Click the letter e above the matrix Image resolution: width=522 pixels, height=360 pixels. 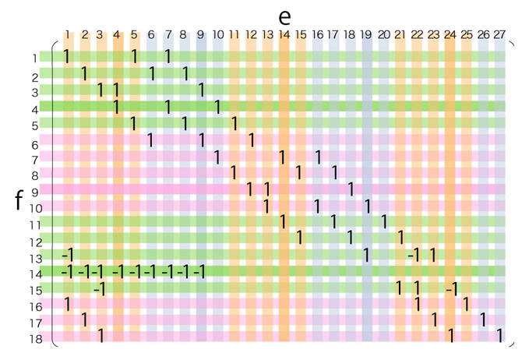(284, 16)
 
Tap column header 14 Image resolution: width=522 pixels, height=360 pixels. (284, 34)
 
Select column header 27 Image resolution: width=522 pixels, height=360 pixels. (499, 34)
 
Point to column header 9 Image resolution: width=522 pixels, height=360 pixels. (200, 34)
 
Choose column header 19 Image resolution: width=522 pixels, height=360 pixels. (366, 34)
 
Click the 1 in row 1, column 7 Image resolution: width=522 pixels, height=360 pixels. (168, 56)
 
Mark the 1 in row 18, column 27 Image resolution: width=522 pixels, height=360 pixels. (500, 336)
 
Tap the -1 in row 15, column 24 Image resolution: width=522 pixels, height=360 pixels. (451, 289)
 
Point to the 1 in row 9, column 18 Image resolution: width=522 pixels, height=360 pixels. (351, 189)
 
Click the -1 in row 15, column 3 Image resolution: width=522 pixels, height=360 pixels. (99, 289)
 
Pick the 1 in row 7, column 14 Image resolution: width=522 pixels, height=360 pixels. (283, 157)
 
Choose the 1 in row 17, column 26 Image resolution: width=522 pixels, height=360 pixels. (483, 319)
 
